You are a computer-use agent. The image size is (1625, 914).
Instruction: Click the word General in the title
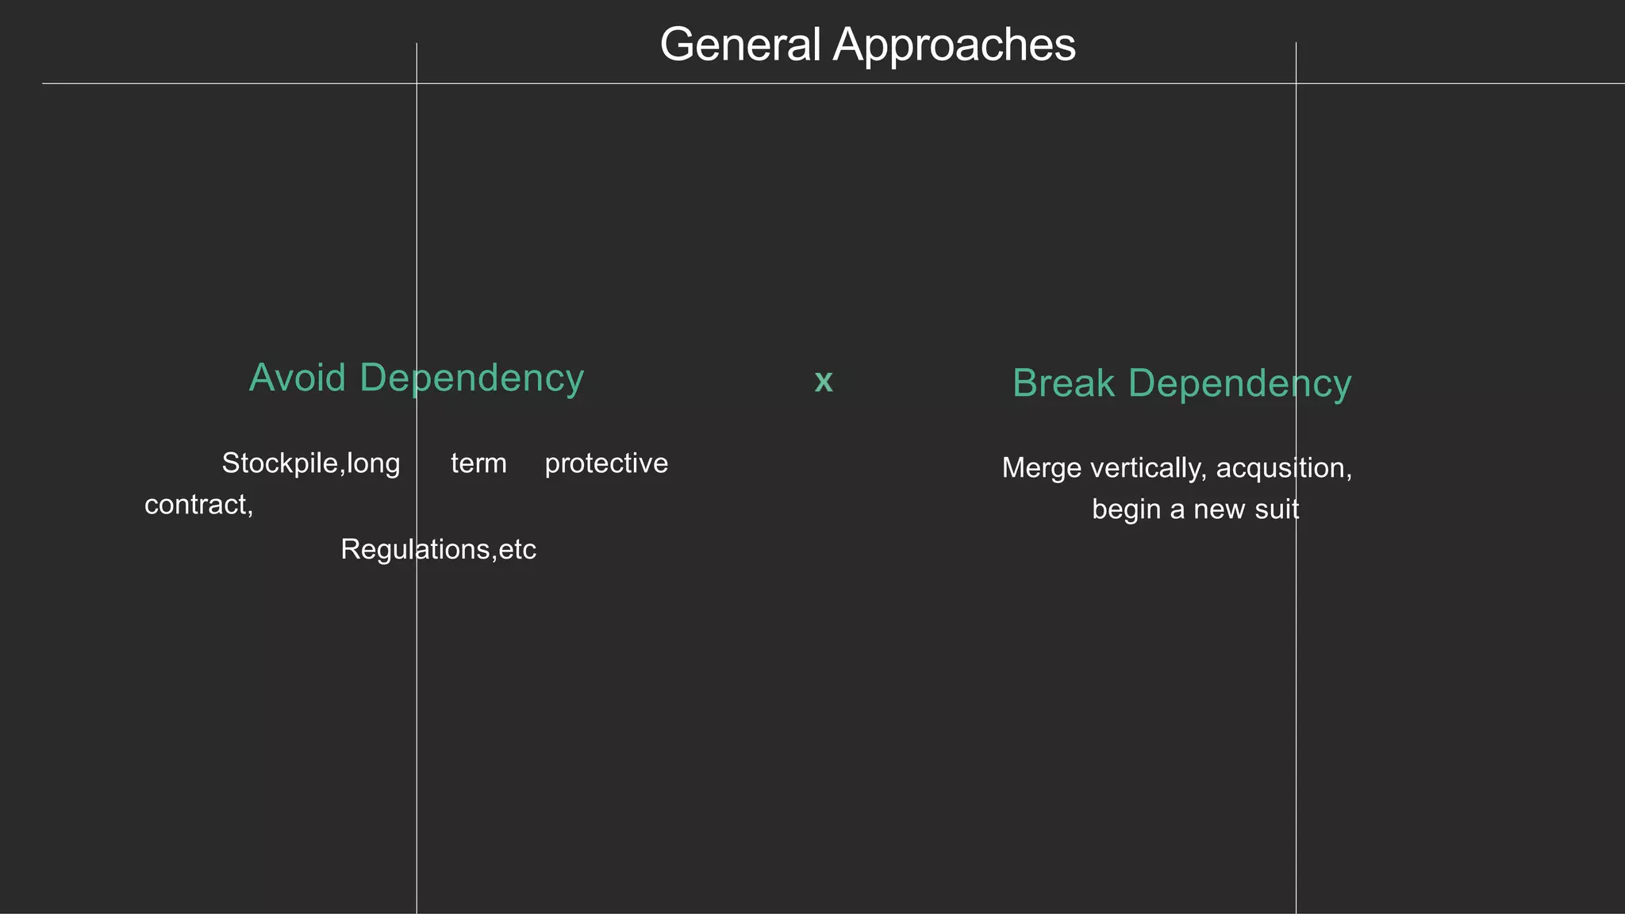[x=740, y=45]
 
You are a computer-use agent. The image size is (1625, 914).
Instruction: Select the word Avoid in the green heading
[x=297, y=378]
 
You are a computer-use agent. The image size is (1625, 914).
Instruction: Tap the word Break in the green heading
[x=1063, y=383]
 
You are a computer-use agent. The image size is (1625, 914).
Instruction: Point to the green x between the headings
[x=824, y=382]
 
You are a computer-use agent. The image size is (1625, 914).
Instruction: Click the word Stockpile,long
[x=310, y=463]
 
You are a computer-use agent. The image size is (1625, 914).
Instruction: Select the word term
[x=478, y=463]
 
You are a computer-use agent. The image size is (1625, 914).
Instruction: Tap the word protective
[x=606, y=463]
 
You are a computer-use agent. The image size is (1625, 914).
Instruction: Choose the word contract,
[x=198, y=505]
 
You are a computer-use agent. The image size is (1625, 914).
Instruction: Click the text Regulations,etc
[x=438, y=549]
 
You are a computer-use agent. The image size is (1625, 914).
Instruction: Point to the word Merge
[x=1041, y=468]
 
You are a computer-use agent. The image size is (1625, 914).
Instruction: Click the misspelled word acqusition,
[x=1283, y=468]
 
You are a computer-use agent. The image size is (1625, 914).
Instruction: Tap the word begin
[x=1126, y=509]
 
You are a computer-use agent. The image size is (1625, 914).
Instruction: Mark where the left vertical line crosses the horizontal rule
[x=417, y=83]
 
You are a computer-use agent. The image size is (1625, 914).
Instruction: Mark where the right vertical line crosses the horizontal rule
[x=1296, y=83]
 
